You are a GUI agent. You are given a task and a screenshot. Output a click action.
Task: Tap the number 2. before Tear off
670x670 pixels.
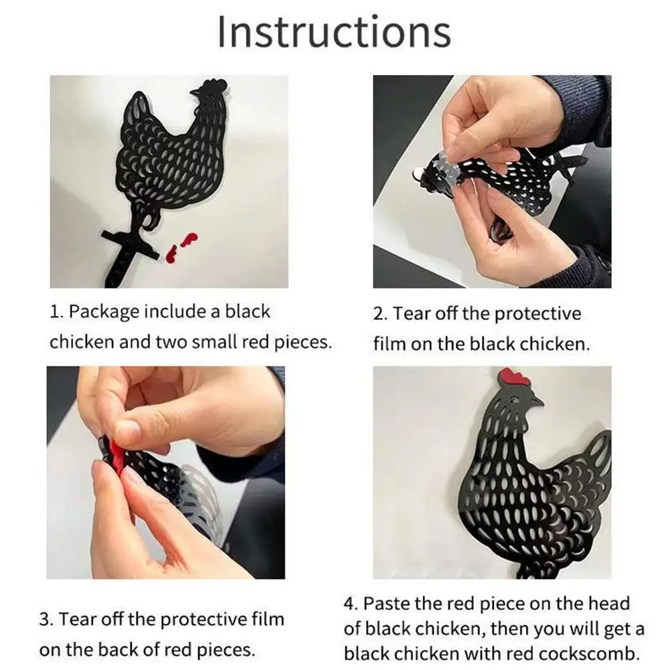pos(380,314)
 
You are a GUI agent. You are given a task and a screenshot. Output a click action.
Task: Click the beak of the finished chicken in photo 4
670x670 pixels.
pos(537,403)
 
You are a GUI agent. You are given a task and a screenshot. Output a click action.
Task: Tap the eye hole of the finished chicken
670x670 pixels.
pos(514,398)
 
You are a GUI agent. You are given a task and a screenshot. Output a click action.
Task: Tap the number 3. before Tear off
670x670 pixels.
pos(46,619)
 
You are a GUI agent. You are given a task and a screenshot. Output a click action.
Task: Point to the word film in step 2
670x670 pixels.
pos(389,344)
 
